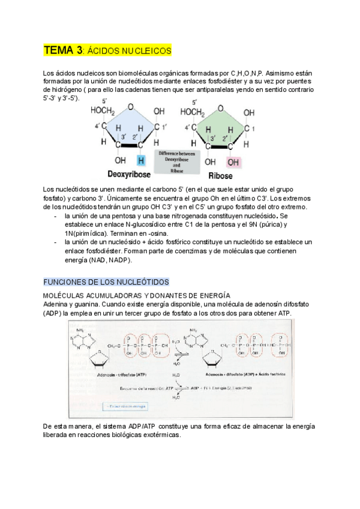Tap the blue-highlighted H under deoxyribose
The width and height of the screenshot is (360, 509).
pyautogui.click(x=141, y=161)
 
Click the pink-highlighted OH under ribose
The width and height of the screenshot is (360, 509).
pyautogui.click(x=233, y=161)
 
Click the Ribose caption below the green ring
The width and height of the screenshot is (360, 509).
pyautogui.click(x=220, y=176)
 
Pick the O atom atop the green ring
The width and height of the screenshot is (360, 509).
pyautogui.click(x=221, y=108)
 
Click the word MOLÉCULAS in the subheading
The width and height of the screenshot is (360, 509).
pyautogui.click(x=65, y=296)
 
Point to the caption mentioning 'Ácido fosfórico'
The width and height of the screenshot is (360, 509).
pyautogui.click(x=257, y=373)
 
